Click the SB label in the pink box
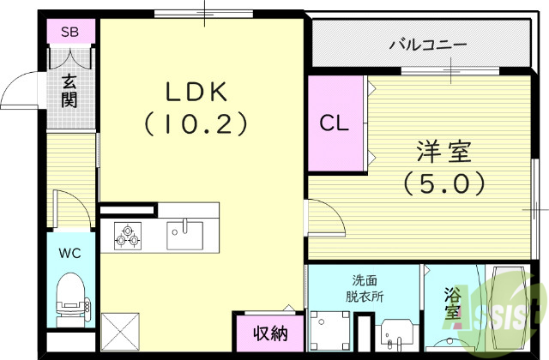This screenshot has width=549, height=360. (69, 33)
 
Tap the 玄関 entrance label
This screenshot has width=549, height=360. (69, 91)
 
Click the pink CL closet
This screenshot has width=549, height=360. (335, 123)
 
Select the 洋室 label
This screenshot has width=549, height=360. (443, 152)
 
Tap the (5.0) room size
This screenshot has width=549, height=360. (443, 183)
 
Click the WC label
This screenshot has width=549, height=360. (70, 253)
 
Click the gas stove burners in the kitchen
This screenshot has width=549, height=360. (127, 235)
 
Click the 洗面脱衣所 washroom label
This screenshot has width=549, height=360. (365, 288)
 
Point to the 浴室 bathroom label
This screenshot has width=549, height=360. (451, 305)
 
